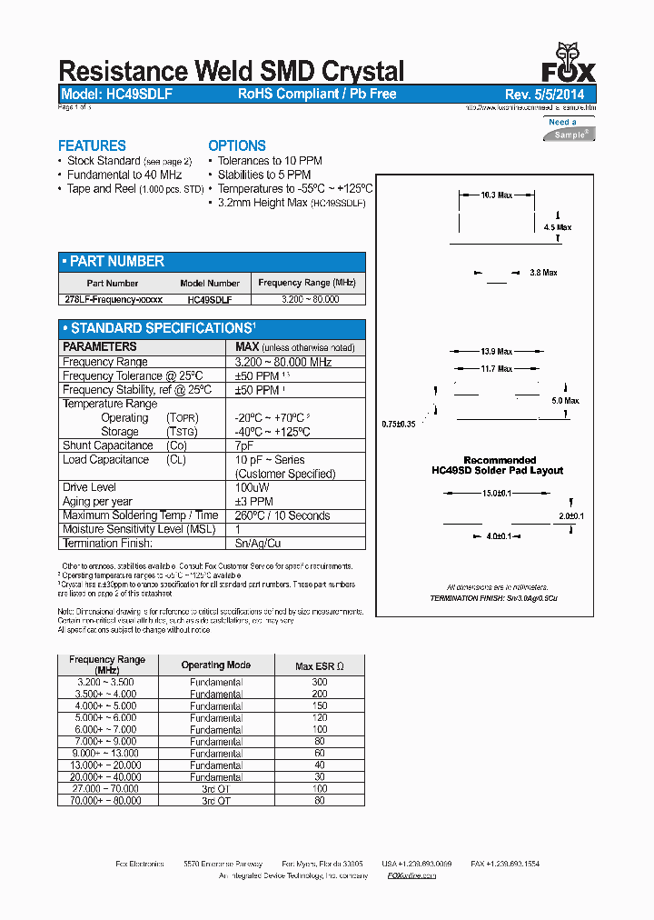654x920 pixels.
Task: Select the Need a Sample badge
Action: [x=570, y=129]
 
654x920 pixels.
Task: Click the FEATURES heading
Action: [x=92, y=145]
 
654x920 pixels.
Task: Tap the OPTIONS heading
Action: [x=237, y=145]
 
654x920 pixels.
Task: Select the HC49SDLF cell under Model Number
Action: [x=210, y=298]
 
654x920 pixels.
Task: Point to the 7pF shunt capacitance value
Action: [x=244, y=445]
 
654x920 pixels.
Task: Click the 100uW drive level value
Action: [x=252, y=487]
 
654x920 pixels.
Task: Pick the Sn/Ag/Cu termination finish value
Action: [x=259, y=543]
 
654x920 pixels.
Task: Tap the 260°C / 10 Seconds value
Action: [x=282, y=515]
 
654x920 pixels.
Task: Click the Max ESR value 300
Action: [x=319, y=682]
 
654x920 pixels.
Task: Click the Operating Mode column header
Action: [x=216, y=665]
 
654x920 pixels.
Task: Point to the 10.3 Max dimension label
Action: [x=496, y=195]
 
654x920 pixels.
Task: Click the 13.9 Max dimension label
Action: [x=496, y=351]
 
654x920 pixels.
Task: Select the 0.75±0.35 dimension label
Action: [x=399, y=424]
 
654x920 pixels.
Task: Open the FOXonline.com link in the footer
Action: [x=411, y=875]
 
